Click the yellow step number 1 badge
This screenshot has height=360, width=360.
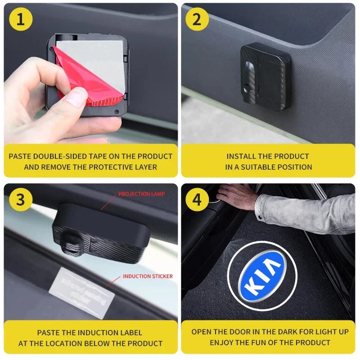pyautogui.click(x=20, y=20)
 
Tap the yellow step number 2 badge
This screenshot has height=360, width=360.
pyautogui.click(x=197, y=20)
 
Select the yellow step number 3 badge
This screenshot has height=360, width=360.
pyautogui.click(x=20, y=199)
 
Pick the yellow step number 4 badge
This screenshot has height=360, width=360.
pyautogui.click(x=197, y=199)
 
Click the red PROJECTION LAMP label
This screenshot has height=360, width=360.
pyautogui.click(x=141, y=194)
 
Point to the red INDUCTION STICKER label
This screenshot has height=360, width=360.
pyautogui.click(x=148, y=276)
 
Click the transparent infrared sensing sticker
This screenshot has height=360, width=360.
pyautogui.click(x=81, y=291)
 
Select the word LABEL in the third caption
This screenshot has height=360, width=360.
pyautogui.click(x=132, y=333)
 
